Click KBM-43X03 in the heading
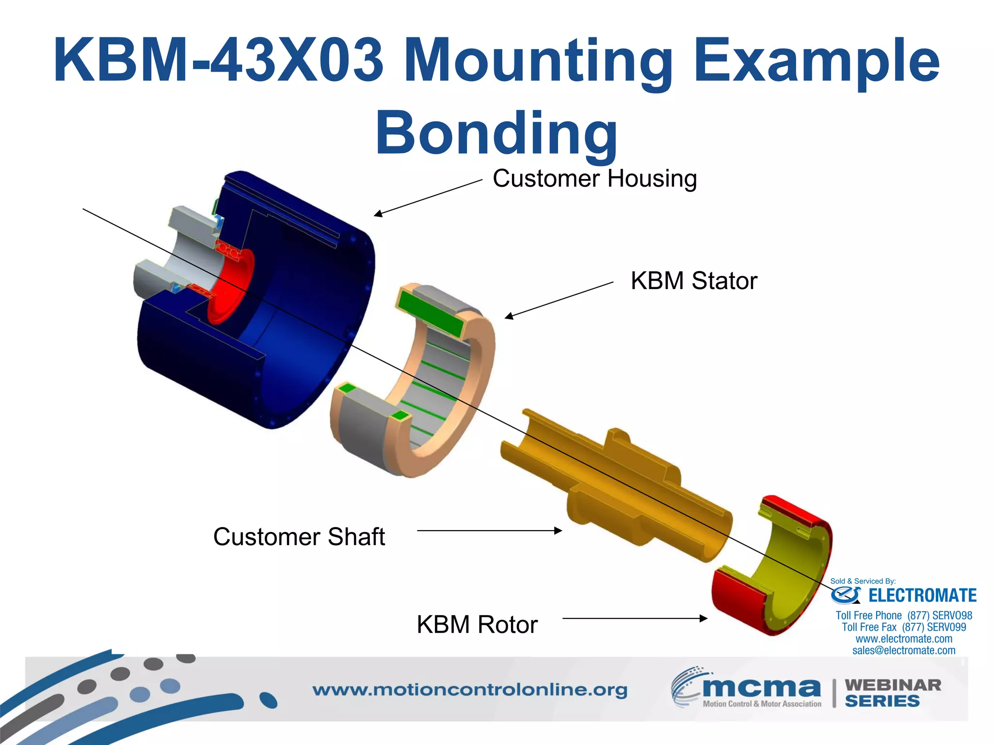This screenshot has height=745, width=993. pyautogui.click(x=218, y=61)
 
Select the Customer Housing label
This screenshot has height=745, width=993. pyautogui.click(x=594, y=178)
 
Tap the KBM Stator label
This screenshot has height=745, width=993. pyautogui.click(x=693, y=281)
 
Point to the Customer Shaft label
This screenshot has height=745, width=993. pyautogui.click(x=299, y=537)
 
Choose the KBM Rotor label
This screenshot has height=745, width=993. pyautogui.click(x=477, y=625)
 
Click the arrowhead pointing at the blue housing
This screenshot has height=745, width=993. pyautogui.click(x=377, y=214)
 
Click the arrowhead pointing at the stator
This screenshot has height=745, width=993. pyautogui.click(x=508, y=317)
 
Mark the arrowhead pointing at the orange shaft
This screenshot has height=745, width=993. pyautogui.click(x=559, y=531)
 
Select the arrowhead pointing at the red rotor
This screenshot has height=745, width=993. pyautogui.click(x=704, y=618)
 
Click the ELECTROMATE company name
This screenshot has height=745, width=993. pyautogui.click(x=922, y=596)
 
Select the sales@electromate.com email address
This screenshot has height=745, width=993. pyautogui.click(x=904, y=650)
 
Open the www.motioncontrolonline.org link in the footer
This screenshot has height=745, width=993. pyautogui.click(x=469, y=690)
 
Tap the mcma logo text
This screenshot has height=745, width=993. pyautogui.click(x=761, y=688)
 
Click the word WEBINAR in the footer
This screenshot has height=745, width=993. pyautogui.click(x=893, y=685)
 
